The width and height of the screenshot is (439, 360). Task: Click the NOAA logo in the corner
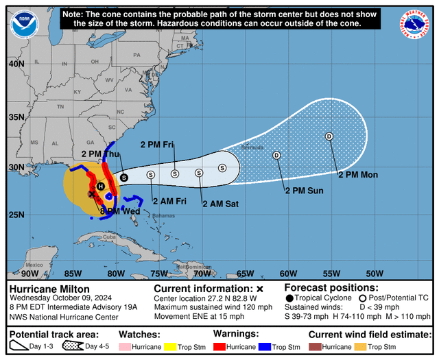click(24, 24)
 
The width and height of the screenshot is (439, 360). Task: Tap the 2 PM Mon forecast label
click(358, 175)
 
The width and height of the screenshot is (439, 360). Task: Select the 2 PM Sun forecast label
click(304, 190)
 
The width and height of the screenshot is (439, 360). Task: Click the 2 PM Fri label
click(157, 145)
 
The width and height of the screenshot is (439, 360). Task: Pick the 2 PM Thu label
click(100, 154)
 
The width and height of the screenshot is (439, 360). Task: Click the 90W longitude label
click(30, 274)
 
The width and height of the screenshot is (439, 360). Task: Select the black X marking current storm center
click(91, 194)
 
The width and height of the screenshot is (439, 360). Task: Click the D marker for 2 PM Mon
click(329, 136)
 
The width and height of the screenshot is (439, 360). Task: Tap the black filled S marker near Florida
click(123, 177)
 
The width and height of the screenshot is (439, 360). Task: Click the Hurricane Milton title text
click(49, 289)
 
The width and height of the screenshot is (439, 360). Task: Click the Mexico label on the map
click(34, 265)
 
